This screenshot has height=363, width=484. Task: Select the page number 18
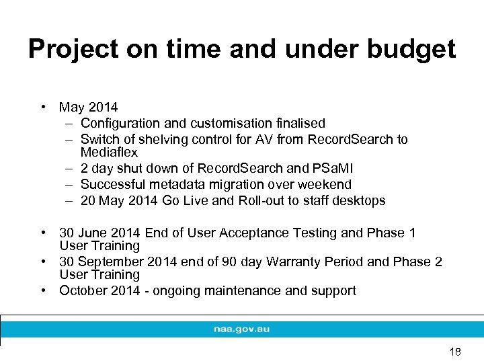(455, 352)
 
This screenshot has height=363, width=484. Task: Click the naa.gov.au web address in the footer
(242, 329)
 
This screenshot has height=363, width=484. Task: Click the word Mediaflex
(109, 153)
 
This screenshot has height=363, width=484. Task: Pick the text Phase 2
(417, 261)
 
